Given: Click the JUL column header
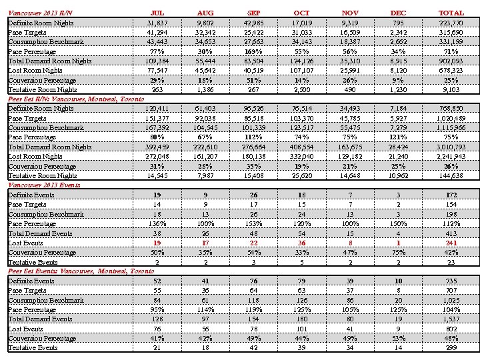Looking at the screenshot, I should pos(157,13).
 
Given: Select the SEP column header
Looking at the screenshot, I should pos(253,13).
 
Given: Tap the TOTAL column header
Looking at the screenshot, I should pos(451,13).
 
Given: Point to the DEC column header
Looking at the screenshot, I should pos(398,13).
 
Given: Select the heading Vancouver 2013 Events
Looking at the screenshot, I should pos(44,185).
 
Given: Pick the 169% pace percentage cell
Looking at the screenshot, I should pos(253,51).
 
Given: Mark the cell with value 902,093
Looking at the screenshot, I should pos(451,61).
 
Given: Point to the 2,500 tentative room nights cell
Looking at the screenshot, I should pos(301,89).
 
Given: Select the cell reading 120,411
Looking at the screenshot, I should pos(157,108).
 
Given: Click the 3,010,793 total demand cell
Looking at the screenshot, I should pos(451,147).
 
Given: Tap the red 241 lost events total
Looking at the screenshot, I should pos(451,243).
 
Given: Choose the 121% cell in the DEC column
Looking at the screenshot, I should pos(398,137).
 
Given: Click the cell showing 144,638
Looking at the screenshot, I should pos(451,175).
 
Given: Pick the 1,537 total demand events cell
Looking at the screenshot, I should pos(451,319).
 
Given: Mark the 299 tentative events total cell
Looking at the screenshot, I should pos(451,348).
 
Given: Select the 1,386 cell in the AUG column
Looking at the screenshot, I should pos(205,89).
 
